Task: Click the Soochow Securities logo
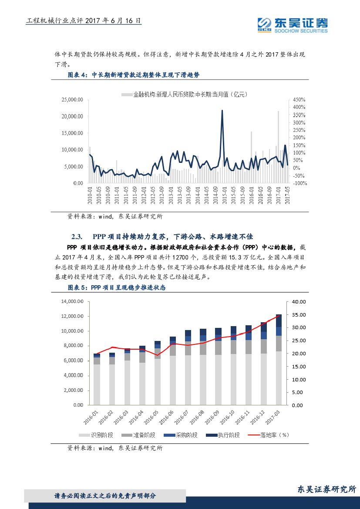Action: (292, 25)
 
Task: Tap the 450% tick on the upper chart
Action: (299, 100)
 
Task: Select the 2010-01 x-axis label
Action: (90, 195)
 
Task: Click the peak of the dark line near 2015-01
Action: (222, 111)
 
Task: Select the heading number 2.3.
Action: (77, 237)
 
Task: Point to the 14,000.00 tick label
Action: (71, 301)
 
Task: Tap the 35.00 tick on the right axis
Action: (299, 314)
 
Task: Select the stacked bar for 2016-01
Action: (97, 379)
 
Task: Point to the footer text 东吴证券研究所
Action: (326, 489)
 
